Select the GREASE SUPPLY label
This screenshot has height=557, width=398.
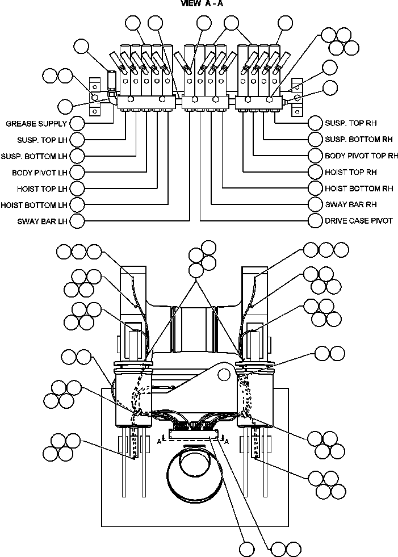(x=36, y=123)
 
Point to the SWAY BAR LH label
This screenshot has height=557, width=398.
(x=43, y=221)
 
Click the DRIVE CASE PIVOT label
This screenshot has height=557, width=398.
(x=358, y=220)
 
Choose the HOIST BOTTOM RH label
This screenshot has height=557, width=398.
(x=359, y=188)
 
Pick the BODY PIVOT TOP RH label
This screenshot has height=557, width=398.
(x=361, y=155)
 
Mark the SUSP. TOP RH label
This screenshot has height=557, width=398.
(x=350, y=123)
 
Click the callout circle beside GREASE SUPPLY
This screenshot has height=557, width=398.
(x=77, y=123)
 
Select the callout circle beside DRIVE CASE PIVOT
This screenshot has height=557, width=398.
(x=316, y=220)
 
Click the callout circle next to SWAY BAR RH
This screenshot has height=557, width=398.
(x=316, y=204)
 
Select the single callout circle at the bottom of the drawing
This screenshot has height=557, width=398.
(x=246, y=549)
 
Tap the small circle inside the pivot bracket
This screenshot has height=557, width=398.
(x=225, y=374)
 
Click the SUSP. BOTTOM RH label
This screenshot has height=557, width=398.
(x=359, y=139)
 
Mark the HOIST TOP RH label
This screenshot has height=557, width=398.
(x=351, y=171)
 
